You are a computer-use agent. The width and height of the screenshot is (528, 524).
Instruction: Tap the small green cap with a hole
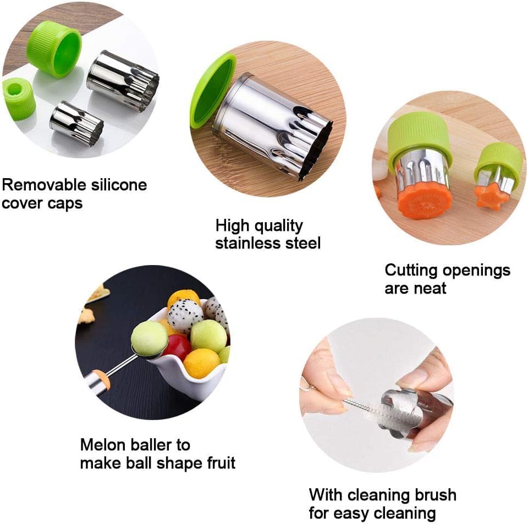click(19, 98)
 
